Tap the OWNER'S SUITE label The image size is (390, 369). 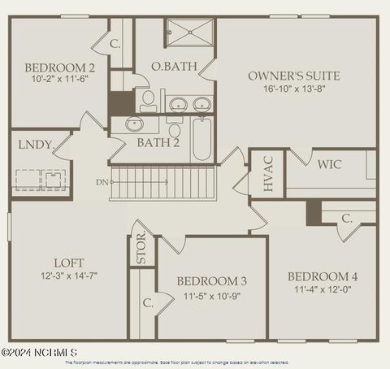(x=293, y=76)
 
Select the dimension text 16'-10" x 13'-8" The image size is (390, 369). (x=293, y=89)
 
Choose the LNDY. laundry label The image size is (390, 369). (x=34, y=145)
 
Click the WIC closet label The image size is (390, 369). (x=329, y=164)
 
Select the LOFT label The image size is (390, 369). (x=68, y=263)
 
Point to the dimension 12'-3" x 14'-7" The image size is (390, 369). (x=68, y=276)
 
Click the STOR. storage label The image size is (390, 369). (x=141, y=248)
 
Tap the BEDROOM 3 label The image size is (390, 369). (x=211, y=281)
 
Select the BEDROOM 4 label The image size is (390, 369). (x=323, y=276)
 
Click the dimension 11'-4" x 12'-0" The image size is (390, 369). (x=323, y=289)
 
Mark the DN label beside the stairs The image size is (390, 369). (x=101, y=182)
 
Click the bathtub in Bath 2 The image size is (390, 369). (x=201, y=140)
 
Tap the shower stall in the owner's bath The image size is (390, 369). (x=189, y=36)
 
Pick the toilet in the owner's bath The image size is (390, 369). (x=148, y=101)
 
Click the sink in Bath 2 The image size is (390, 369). (x=135, y=124)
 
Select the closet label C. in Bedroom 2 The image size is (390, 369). (x=115, y=44)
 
